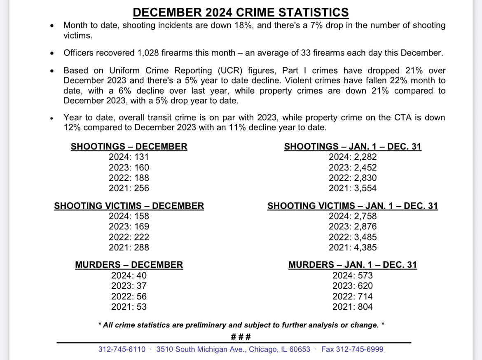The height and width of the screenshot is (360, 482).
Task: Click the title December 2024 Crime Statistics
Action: [241, 12]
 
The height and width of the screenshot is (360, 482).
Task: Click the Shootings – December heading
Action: [129, 147]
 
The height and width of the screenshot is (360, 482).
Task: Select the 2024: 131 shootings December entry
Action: [129, 157]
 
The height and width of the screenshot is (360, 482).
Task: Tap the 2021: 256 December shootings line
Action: [129, 188]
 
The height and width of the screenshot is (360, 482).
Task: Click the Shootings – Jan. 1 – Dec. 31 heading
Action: [353, 147]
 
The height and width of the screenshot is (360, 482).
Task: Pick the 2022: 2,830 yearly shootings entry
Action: [353, 178]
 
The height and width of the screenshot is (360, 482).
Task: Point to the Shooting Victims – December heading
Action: [129, 206]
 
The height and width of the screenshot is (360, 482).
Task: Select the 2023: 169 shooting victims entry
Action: [129, 227]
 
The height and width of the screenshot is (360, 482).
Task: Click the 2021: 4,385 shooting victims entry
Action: [353, 248]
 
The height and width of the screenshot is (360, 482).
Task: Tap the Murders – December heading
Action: [129, 265]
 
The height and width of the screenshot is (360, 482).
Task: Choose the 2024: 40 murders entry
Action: [129, 276]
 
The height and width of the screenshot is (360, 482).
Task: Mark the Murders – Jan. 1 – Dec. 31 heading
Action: [353, 265]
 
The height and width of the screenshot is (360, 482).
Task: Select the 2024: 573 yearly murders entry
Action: [353, 276]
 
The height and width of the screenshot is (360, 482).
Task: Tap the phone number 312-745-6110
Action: [122, 349]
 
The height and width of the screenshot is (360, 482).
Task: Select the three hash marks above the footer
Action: [241, 337]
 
